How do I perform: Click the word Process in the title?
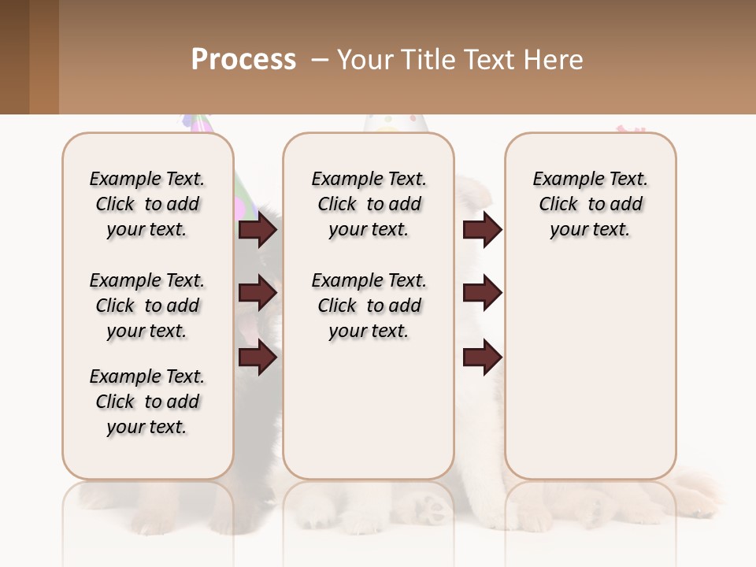(x=243, y=60)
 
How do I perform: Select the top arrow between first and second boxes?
(x=257, y=229)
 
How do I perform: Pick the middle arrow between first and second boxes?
(x=257, y=293)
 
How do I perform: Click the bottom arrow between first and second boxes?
(x=257, y=358)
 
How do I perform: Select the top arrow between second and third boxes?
(x=482, y=229)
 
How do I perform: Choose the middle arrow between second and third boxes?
(x=482, y=293)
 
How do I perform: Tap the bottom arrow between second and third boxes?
(x=482, y=358)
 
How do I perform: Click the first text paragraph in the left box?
(x=147, y=204)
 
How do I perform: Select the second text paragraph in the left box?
(x=147, y=306)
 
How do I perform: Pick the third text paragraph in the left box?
(x=147, y=402)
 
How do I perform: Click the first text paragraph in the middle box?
(x=369, y=204)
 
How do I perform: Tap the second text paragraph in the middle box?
(x=369, y=306)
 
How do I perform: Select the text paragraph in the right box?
(x=591, y=204)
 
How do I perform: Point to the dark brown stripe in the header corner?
(x=14, y=57)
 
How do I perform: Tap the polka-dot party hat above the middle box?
(x=395, y=123)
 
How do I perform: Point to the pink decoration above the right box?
(x=629, y=128)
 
